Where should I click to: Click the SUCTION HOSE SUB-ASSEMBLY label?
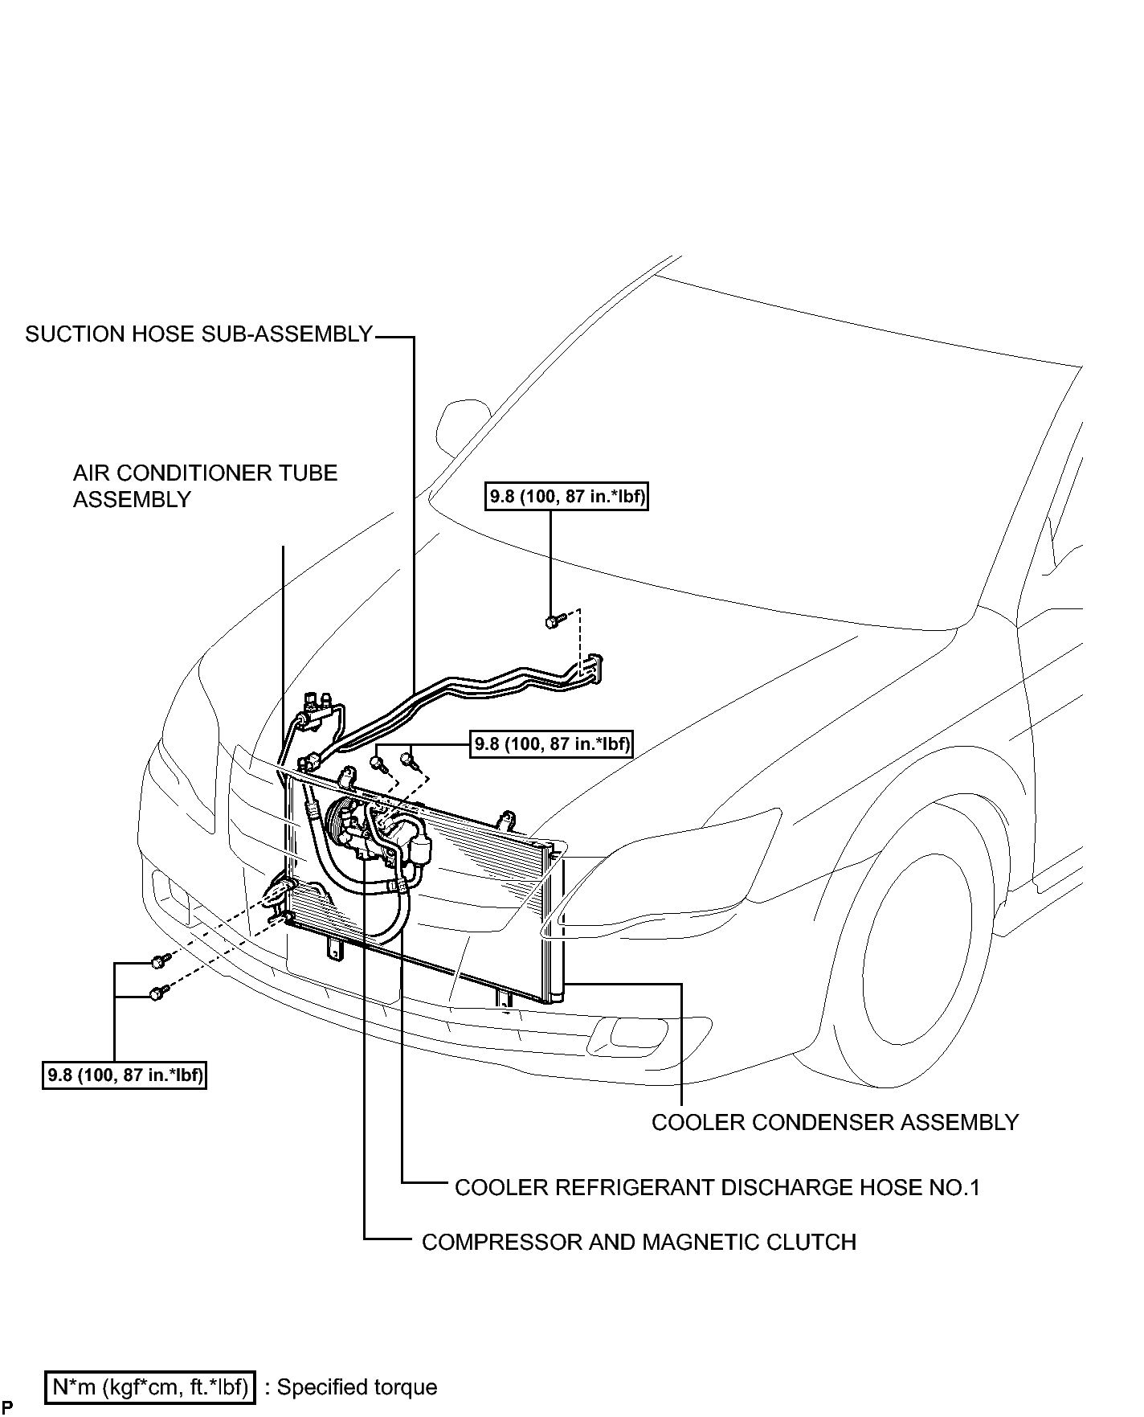pyautogui.click(x=198, y=334)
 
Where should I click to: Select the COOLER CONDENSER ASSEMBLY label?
pyautogui.click(x=835, y=1122)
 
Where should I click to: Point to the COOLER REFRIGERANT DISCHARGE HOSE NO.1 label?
pyautogui.click(x=717, y=1187)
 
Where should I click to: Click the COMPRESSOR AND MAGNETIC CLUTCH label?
pyautogui.click(x=639, y=1242)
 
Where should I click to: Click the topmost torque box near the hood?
pyautogui.click(x=567, y=497)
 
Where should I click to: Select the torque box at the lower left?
pyautogui.click(x=125, y=1075)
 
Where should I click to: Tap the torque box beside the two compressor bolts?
pyautogui.click(x=551, y=743)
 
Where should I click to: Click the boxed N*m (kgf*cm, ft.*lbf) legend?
pyautogui.click(x=150, y=1386)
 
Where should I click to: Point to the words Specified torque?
pyautogui.click(x=357, y=1387)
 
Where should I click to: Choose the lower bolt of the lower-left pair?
pyautogui.click(x=159, y=993)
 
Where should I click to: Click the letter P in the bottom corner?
pyautogui.click(x=6, y=1407)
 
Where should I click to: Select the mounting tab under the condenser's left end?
pyautogui.click(x=332, y=948)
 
